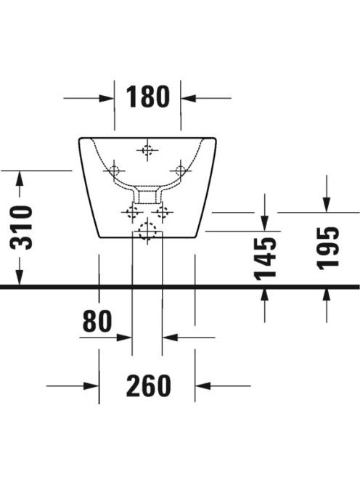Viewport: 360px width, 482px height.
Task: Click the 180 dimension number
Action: tap(147, 97)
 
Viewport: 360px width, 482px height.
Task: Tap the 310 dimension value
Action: tap(22, 228)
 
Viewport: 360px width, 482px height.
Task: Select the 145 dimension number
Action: tap(266, 258)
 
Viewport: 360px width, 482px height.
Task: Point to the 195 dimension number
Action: tap(328, 248)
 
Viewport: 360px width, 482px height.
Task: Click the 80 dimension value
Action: tap(97, 321)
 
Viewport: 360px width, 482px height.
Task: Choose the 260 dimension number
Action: tap(149, 385)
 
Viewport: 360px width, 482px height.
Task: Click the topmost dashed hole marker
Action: tap(147, 150)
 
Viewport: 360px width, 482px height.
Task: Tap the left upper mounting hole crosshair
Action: tap(115, 171)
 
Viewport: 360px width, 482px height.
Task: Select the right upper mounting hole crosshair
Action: tap(181, 171)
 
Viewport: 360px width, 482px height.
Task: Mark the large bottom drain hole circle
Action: tap(147, 231)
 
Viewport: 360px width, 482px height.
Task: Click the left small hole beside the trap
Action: tap(133, 212)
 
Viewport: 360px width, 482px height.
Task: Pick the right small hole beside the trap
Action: tap(163, 212)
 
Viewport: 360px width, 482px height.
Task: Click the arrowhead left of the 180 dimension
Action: tap(107, 99)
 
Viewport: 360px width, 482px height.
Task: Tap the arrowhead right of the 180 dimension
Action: tap(189, 99)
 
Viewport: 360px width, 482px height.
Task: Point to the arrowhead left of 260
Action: tap(91, 385)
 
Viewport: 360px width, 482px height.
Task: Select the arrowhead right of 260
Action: tap(202, 385)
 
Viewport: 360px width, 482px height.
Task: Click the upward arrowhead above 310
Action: tap(20, 179)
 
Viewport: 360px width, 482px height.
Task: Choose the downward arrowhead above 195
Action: tap(327, 205)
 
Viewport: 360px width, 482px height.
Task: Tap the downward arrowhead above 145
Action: tap(265, 223)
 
